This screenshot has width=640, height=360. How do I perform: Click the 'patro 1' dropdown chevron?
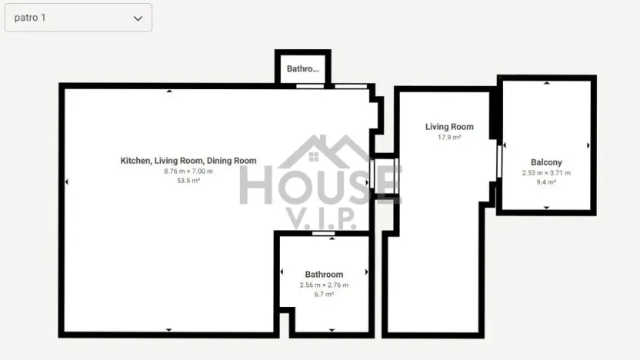(x=138, y=18)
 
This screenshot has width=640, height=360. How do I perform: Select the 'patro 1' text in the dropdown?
(x=30, y=18)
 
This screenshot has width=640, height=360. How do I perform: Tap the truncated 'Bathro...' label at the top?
(x=302, y=69)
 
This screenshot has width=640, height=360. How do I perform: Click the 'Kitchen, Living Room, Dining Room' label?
(x=188, y=161)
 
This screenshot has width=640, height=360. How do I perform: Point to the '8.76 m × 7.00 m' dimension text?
(x=188, y=171)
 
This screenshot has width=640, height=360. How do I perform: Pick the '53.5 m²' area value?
(x=188, y=181)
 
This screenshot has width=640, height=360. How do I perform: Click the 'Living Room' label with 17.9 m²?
(x=449, y=127)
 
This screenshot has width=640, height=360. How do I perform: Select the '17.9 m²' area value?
(x=449, y=138)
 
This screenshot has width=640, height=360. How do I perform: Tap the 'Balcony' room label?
(x=546, y=162)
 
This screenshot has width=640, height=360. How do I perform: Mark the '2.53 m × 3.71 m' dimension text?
(x=546, y=173)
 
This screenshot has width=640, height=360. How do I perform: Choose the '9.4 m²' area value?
(x=546, y=182)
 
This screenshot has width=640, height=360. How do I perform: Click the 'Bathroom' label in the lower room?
(x=324, y=275)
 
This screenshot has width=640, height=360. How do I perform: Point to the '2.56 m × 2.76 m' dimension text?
(x=324, y=285)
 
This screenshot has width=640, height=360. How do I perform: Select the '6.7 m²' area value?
(x=324, y=294)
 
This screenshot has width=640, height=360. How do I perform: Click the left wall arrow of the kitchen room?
(x=66, y=182)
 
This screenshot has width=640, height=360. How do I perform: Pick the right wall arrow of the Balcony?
(x=588, y=145)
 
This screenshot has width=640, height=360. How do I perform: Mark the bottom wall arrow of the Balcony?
(x=546, y=208)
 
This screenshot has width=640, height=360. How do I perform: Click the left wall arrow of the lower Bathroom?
(x=282, y=272)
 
